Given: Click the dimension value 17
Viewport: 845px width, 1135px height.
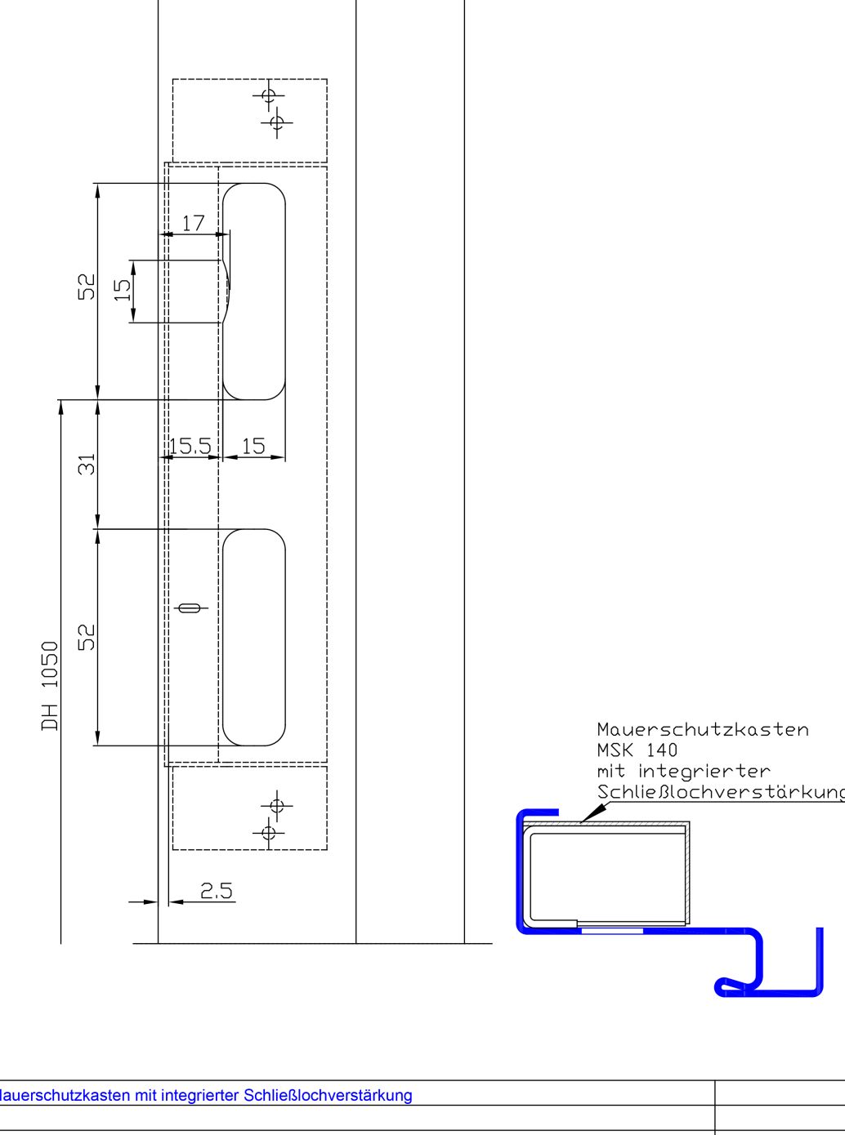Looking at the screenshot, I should (193, 223).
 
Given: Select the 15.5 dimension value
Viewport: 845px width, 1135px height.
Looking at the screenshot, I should (190, 446).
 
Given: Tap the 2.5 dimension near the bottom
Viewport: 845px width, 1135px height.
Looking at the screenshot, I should (217, 890).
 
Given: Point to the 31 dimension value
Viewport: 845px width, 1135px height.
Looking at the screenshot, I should (87, 464).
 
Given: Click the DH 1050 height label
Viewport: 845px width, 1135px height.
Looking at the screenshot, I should (51, 686).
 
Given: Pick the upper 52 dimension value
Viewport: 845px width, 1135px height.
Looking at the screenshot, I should (87, 287).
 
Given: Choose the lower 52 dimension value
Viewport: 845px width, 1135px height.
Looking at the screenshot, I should (87, 637).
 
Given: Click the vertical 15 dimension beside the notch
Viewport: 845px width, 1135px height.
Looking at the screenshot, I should (123, 290).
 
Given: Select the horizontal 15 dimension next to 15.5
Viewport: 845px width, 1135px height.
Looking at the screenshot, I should (253, 446).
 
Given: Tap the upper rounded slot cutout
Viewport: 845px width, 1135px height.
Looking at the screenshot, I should (254, 292).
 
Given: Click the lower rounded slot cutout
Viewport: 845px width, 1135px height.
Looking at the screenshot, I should (254, 638).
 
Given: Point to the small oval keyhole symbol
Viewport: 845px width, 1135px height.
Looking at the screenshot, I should (189, 608).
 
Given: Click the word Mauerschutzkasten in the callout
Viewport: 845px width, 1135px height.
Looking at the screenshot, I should (703, 729).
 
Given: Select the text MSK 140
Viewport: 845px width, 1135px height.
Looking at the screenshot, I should (637, 750).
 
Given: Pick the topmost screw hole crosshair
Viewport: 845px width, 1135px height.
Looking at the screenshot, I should (268, 96).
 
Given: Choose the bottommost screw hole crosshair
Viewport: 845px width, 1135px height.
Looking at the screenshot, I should (268, 833).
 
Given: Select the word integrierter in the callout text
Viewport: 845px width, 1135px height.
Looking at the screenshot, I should (704, 771).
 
